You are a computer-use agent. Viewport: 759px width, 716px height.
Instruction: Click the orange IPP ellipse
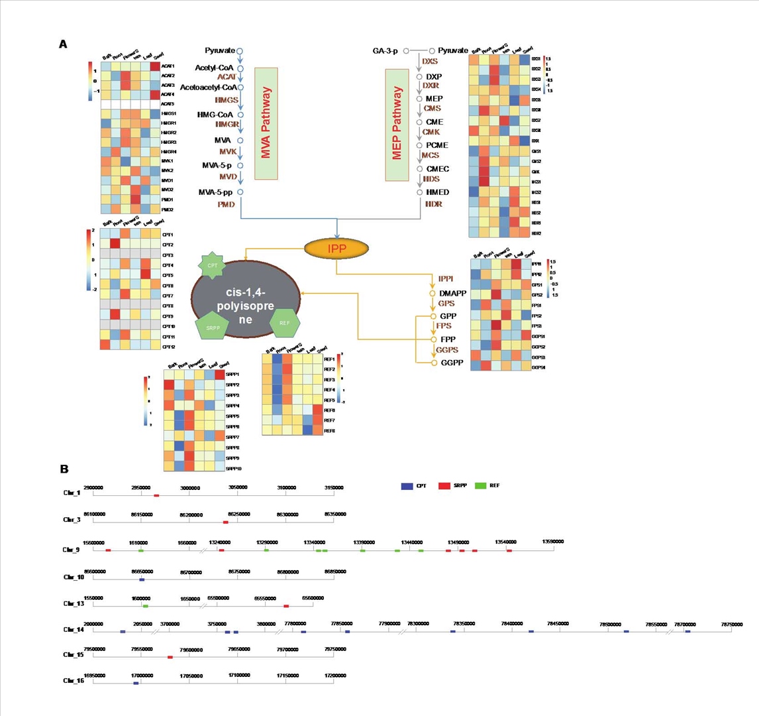pos(336,249)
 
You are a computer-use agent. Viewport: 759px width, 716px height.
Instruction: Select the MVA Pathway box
pos(266,123)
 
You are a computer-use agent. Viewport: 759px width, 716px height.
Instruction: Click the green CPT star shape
pos(213,265)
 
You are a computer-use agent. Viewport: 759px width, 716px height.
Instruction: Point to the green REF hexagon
pos(285,323)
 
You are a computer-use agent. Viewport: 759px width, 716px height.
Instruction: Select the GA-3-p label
pos(385,51)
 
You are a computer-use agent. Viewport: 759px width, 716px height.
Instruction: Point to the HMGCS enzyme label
pos(225,99)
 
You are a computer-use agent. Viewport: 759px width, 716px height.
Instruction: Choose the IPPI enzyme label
pos(444,278)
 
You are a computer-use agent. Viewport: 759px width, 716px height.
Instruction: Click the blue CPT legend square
pos(407,486)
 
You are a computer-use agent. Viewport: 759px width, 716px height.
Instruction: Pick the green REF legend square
pos(481,486)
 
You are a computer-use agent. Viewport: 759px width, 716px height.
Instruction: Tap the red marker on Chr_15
pos(170,658)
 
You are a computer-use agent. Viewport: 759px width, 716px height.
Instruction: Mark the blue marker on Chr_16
pos(136,683)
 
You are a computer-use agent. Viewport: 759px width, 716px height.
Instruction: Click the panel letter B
pos(64,469)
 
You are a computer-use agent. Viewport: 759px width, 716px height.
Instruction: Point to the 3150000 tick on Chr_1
pos(333,487)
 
